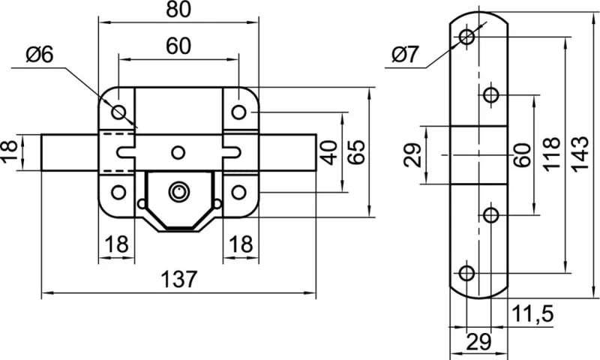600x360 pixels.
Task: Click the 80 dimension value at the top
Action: [178, 10]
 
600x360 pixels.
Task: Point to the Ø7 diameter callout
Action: [405, 55]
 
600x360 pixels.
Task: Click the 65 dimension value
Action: [358, 153]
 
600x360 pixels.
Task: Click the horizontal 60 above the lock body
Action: [178, 46]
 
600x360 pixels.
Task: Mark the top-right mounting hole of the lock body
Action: [238, 112]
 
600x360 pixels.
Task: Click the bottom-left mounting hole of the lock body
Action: [118, 192]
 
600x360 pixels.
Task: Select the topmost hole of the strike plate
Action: [468, 36]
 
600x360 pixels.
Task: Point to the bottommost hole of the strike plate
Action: [467, 272]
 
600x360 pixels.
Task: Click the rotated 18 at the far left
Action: [9, 153]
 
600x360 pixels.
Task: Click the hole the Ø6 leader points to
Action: [118, 112]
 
